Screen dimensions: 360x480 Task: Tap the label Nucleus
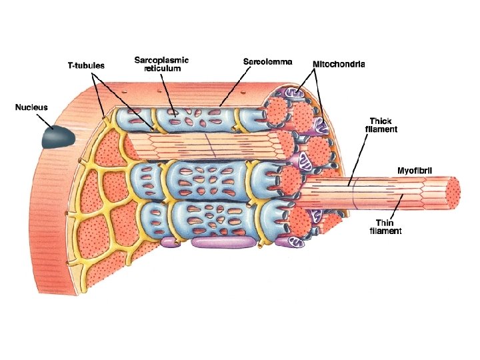(x=31, y=106)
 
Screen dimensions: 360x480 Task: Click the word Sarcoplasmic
(x=161, y=59)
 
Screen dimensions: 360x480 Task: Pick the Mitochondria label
(x=343, y=65)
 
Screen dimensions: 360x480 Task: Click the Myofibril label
(x=415, y=171)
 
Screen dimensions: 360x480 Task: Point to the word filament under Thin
(x=387, y=231)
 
